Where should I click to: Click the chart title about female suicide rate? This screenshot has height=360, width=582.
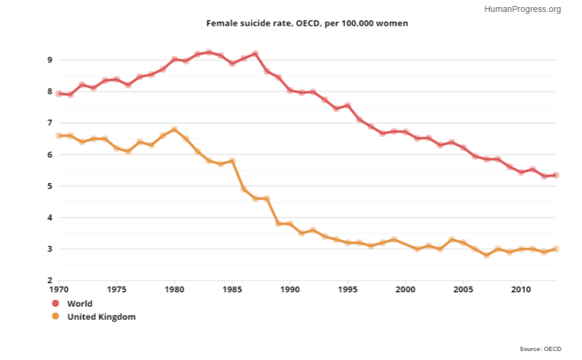[307, 23]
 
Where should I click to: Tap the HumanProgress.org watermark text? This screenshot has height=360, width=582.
[522, 9]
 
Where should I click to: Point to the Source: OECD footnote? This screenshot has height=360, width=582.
[540, 349]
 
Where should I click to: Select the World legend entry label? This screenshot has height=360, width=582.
[80, 304]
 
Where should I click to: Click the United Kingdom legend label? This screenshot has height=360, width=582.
[101, 317]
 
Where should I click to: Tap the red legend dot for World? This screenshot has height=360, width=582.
[56, 304]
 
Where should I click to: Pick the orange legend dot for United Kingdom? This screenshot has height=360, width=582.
[56, 317]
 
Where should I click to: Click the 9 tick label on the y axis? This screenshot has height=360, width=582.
[50, 60]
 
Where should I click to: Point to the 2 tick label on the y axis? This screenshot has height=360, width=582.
[50, 280]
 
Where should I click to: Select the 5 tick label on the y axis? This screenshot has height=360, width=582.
[50, 186]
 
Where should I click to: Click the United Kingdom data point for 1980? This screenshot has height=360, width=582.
[175, 130]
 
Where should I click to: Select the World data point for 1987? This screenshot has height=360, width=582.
[255, 54]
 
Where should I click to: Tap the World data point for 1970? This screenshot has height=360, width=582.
[59, 94]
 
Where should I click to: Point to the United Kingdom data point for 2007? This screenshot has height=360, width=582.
[487, 255]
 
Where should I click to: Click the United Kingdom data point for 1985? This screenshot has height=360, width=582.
[232, 161]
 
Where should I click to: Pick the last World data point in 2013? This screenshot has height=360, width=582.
[556, 175]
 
